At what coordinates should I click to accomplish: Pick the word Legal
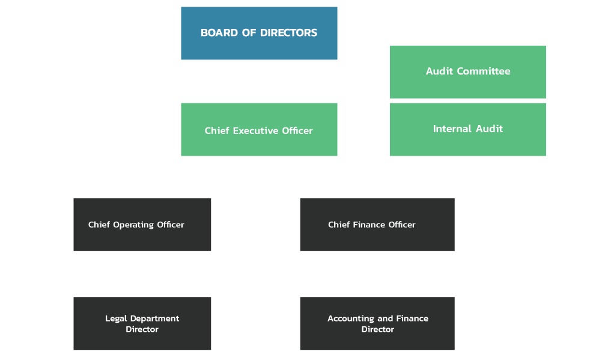(x=115, y=319)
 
